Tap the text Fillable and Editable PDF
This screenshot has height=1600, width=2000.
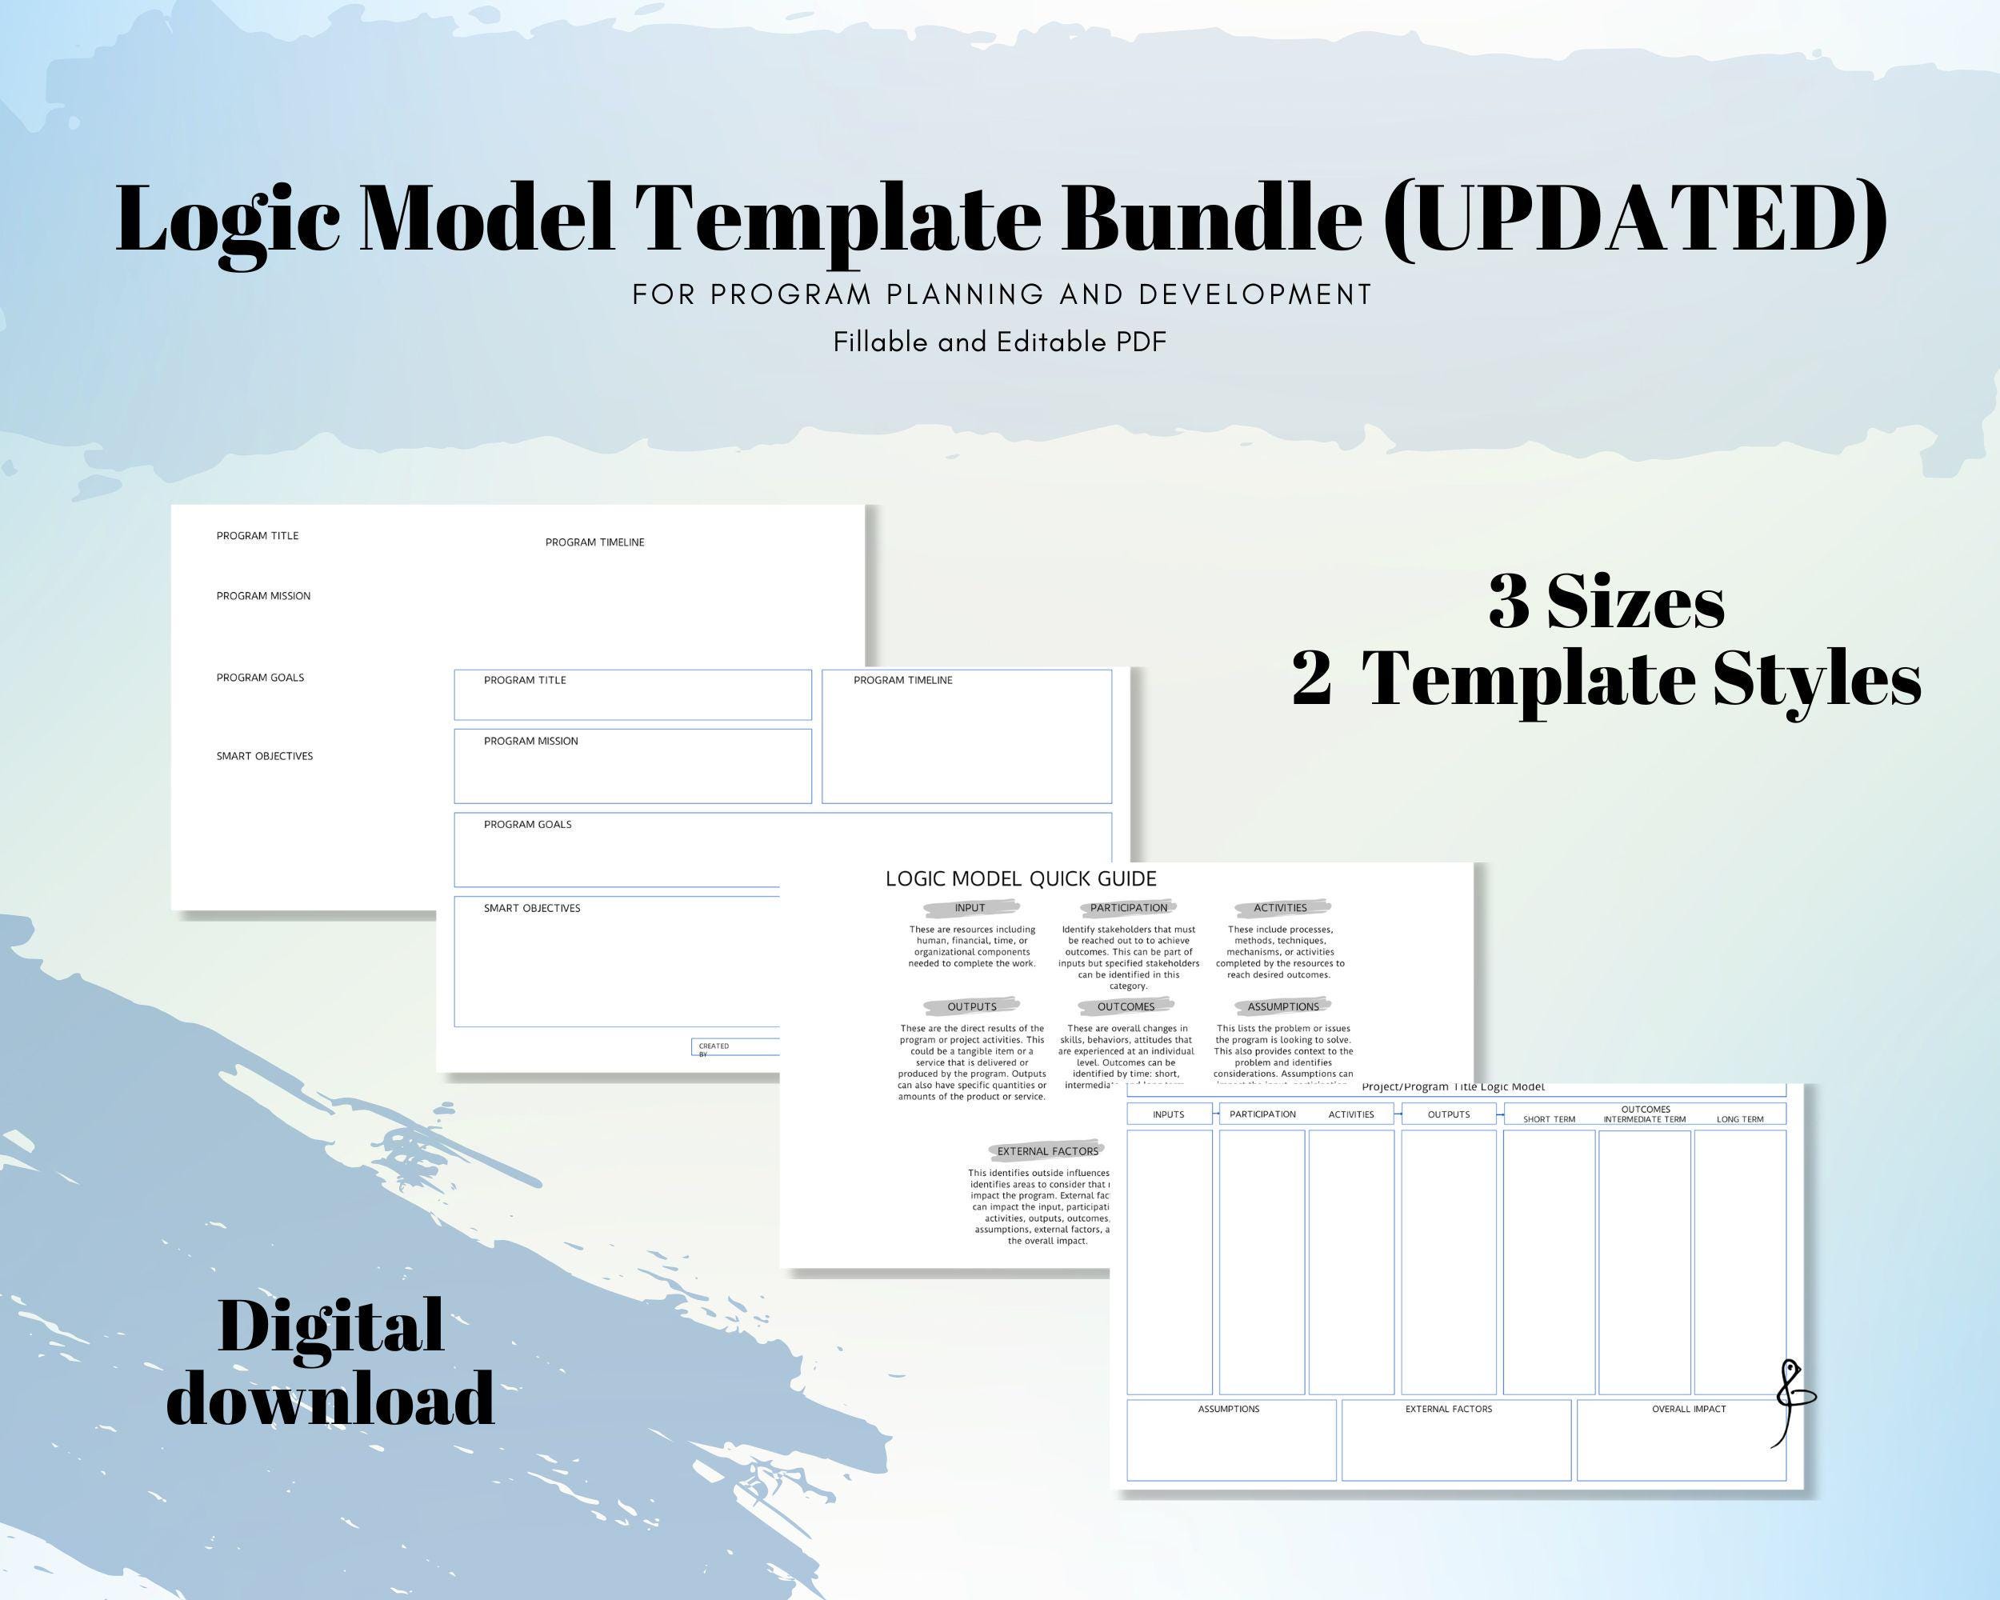point(999,342)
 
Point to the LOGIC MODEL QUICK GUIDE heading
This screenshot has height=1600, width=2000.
point(1021,878)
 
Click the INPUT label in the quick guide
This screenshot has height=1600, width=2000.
point(970,908)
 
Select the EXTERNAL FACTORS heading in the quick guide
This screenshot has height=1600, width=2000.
point(1047,1151)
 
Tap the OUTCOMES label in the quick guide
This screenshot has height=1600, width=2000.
point(1126,1006)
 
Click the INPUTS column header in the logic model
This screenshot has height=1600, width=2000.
point(1168,1114)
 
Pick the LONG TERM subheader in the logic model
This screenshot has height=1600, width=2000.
point(1739,1119)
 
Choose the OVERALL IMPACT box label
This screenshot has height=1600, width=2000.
point(1688,1409)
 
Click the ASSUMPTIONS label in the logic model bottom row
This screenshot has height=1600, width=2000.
point(1228,1409)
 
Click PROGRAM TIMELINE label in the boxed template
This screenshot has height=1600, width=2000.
point(902,680)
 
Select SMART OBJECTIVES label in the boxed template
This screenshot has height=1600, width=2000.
point(531,908)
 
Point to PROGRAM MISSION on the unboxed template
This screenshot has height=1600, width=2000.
point(263,595)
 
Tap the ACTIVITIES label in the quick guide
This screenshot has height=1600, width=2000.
point(1279,908)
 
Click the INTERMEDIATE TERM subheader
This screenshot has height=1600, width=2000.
point(1644,1119)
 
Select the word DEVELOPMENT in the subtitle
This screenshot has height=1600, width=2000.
point(1254,294)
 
